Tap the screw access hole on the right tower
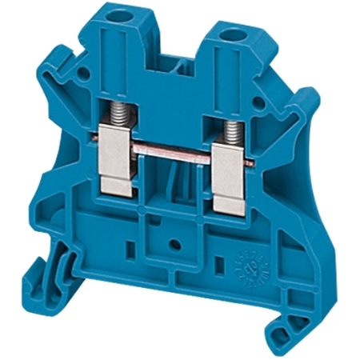coord(237,35)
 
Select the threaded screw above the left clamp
coord(114,128)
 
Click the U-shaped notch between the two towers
coord(179,64)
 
